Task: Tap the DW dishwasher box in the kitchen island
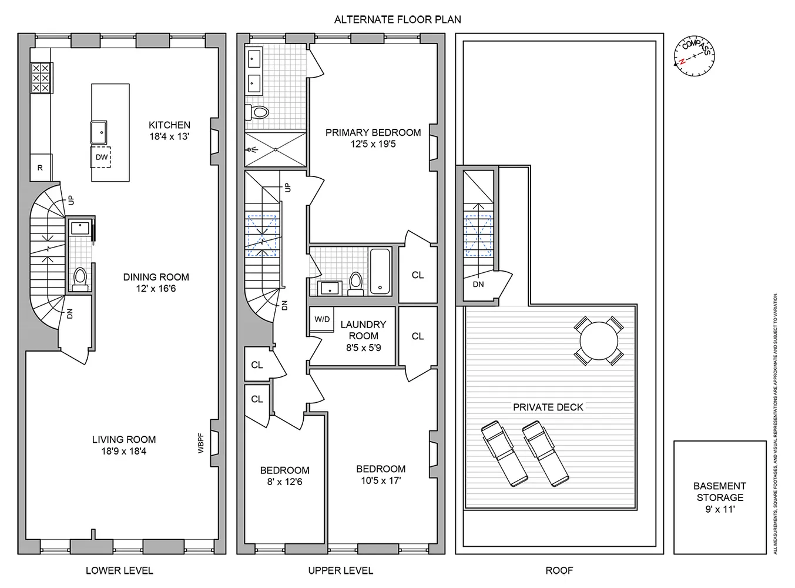point(101,157)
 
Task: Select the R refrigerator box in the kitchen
point(40,168)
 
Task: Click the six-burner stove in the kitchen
point(40,78)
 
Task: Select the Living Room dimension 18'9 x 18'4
point(124,452)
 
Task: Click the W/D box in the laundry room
point(322,319)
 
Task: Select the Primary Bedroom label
point(373,132)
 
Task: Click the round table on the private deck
point(598,340)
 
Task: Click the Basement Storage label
point(720,492)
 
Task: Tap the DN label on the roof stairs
point(478,285)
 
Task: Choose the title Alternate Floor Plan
point(397,19)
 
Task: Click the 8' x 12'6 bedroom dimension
point(285,482)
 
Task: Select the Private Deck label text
point(548,407)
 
